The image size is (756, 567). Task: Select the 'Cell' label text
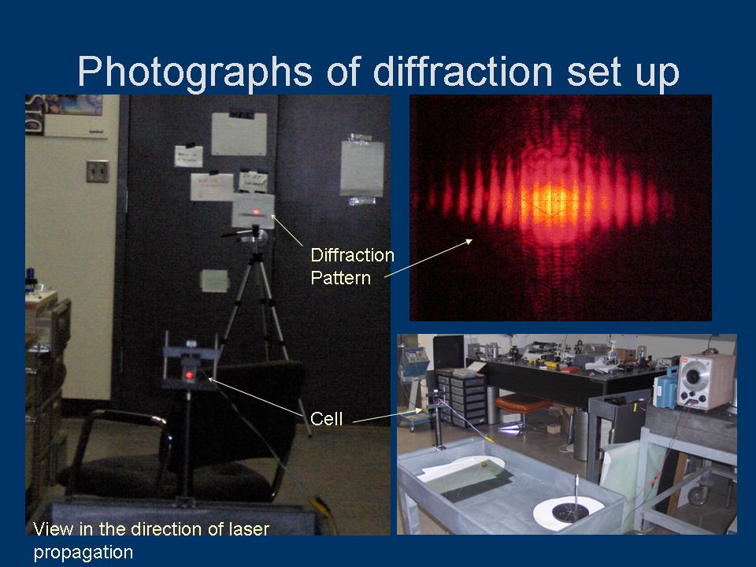pos(327,419)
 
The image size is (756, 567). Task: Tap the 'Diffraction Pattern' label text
pos(351,266)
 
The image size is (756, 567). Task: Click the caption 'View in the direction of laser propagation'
pos(150,540)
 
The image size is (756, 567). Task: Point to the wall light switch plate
pos(97,171)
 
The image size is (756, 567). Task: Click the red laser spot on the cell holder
pos(190,375)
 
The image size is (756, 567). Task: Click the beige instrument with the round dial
pos(706,381)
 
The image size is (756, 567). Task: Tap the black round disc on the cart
pos(568,513)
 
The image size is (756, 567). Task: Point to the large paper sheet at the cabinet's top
pos(239,135)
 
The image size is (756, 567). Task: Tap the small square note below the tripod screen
pos(214,280)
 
